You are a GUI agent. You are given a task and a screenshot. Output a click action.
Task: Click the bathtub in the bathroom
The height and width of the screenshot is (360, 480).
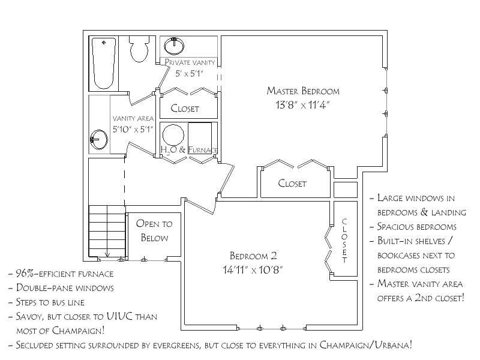tap(104, 64)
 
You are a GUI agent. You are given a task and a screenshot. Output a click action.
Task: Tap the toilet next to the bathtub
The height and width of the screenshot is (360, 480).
tap(139, 49)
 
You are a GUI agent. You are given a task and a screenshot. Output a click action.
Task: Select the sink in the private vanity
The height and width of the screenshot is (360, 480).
tap(174, 46)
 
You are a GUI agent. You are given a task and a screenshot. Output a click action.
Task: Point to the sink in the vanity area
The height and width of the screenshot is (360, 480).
tap(98, 140)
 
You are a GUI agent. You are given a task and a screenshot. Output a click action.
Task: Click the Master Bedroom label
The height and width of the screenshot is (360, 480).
tap(303, 91)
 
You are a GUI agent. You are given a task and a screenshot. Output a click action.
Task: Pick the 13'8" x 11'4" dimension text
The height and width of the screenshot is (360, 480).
tap(302, 105)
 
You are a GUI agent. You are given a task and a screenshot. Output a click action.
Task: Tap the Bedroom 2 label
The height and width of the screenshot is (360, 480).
tap(253, 256)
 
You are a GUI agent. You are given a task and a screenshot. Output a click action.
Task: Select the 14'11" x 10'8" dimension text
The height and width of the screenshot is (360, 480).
tap(253, 270)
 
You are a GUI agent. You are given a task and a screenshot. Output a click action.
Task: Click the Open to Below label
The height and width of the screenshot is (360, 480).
tap(154, 230)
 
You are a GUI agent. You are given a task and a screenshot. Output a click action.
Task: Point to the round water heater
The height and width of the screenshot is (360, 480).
tap(173, 135)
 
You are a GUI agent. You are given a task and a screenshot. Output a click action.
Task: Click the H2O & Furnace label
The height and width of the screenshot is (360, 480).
tap(189, 149)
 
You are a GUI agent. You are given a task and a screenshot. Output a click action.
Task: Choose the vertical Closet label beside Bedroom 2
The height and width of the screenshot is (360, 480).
tap(344, 241)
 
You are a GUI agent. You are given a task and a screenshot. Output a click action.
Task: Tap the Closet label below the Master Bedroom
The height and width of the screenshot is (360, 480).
tap(292, 184)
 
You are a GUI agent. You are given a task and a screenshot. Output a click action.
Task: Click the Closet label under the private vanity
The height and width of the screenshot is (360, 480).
tap(185, 109)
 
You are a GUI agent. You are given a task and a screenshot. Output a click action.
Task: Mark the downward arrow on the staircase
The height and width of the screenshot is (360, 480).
tap(107, 254)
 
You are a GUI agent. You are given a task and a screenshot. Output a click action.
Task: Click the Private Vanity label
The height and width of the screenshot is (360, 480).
tap(190, 62)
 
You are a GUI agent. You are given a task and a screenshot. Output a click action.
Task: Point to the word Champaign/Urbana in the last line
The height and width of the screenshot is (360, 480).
tap(366, 345)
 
